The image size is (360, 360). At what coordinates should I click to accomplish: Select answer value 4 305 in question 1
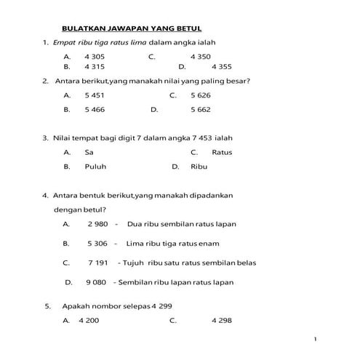[95, 56]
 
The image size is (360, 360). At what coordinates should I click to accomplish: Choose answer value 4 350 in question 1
[201, 56]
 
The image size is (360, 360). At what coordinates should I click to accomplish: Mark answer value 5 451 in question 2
[95, 95]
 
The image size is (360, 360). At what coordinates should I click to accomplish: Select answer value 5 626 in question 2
[201, 95]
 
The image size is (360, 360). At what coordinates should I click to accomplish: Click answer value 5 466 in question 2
[95, 110]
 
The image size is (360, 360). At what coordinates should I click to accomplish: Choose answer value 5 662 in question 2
[201, 110]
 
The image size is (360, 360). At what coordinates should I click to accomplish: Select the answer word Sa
[89, 152]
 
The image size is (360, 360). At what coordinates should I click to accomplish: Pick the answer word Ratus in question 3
[222, 152]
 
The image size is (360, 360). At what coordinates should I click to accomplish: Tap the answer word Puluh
[95, 167]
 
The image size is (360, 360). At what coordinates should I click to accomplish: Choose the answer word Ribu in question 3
[199, 167]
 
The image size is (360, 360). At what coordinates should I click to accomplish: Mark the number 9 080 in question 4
[97, 281]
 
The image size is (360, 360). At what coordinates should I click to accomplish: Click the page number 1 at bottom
[316, 339]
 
